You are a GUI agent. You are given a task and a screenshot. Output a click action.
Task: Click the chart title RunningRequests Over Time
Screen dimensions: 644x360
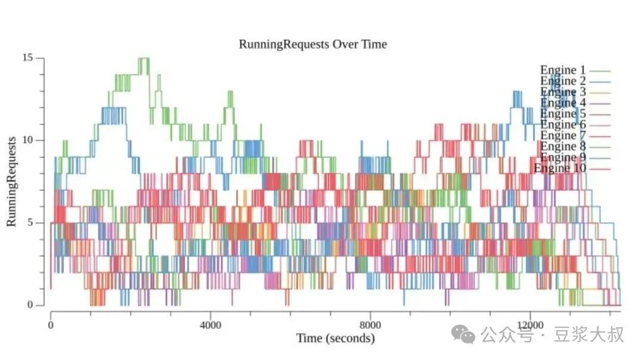coord(312,44)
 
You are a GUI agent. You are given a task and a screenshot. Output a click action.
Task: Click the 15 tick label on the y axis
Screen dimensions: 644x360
coord(27,57)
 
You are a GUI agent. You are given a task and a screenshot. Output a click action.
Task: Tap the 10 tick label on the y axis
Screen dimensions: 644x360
coord(27,140)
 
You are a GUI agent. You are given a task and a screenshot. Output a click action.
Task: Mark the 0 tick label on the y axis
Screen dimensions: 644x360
coord(30,305)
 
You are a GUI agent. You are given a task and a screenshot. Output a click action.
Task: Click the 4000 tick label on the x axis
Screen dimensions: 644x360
coord(210,325)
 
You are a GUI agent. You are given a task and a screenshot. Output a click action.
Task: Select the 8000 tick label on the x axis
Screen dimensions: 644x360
coord(370,325)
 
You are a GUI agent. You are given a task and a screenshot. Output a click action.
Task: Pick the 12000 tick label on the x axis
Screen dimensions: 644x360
coord(530,325)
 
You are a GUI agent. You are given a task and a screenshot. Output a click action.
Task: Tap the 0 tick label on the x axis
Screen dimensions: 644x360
coord(51,325)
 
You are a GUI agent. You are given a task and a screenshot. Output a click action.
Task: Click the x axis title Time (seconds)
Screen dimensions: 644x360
coord(336,338)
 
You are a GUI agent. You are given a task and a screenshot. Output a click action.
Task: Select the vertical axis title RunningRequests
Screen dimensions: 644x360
coord(11,181)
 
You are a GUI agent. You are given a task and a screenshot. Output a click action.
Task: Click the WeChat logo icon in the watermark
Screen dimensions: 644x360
coord(463,334)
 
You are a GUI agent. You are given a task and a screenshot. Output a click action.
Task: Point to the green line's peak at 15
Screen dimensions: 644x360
coord(144,58)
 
